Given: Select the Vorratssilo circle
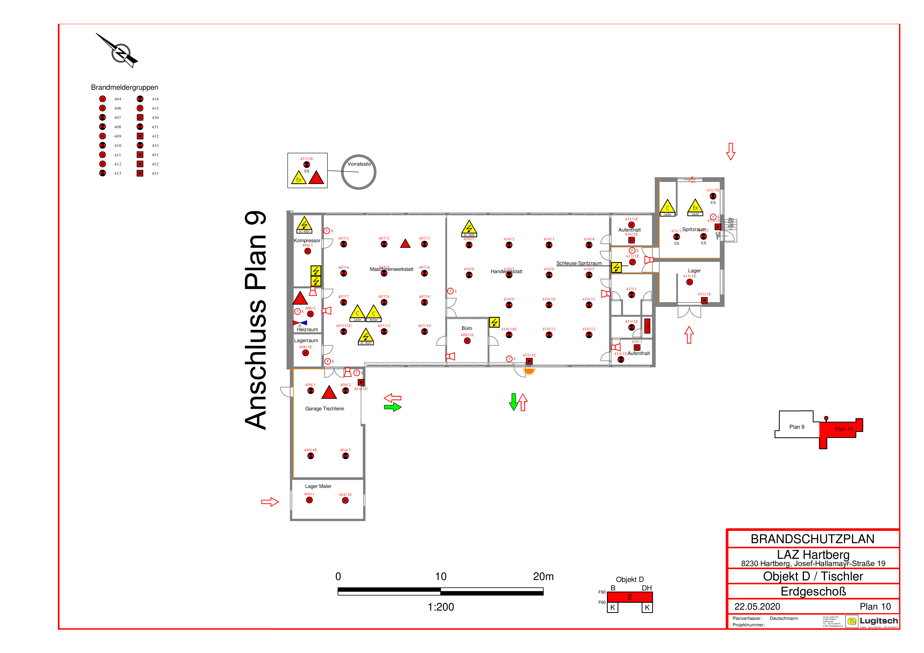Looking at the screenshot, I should point(359,172).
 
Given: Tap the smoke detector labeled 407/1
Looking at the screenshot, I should point(343,244).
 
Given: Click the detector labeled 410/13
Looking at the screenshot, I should point(549,335).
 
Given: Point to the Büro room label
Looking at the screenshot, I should point(467,328).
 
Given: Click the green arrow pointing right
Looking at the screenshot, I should point(392,408).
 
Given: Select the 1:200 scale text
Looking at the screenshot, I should point(441,607).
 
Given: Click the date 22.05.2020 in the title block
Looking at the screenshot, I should point(757,606).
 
